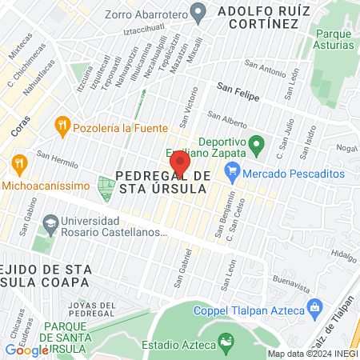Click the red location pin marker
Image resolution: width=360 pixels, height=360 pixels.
coord(181,164)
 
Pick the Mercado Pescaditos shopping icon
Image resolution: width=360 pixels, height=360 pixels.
coord(233,172)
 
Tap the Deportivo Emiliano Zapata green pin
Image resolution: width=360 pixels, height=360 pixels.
coord(257,146)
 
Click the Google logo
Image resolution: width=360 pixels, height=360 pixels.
coord(27,350)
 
